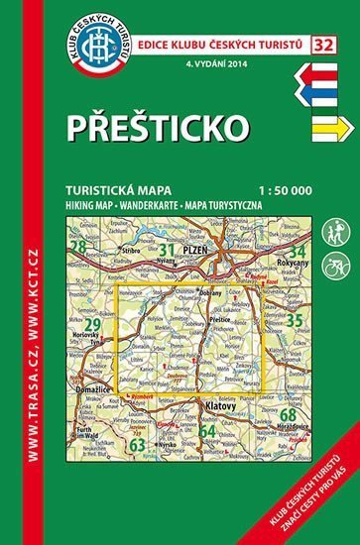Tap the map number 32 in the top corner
click(322, 15)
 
